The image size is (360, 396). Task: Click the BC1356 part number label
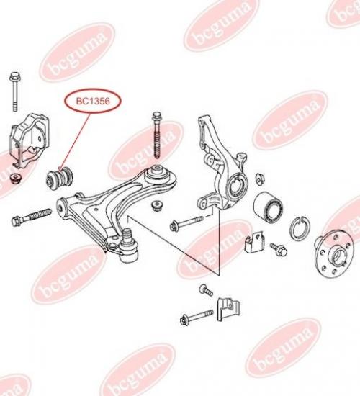pyautogui.click(x=93, y=102)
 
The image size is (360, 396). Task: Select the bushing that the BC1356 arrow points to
pyautogui.click(x=60, y=179)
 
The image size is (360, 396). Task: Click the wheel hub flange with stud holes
pyautogui.click(x=332, y=255)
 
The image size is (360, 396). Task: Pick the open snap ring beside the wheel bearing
pyautogui.click(x=300, y=228)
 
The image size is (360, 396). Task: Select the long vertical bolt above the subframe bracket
pyautogui.click(x=15, y=91)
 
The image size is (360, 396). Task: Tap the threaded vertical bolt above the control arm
pyautogui.click(x=157, y=135)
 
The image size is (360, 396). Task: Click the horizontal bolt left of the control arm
pyautogui.click(x=32, y=217)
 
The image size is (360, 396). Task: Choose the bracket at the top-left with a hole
pyautogui.click(x=30, y=140)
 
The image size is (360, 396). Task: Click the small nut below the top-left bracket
pyautogui.click(x=16, y=178)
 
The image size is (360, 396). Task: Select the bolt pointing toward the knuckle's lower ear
pyautogui.click(x=186, y=222)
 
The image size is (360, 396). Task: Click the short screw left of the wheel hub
pyautogui.click(x=279, y=249)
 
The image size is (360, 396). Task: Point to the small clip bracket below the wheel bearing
pyautogui.click(x=255, y=243)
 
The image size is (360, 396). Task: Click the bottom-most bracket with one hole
pyautogui.click(x=228, y=310)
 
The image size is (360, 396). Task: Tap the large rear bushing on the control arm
pyautogui.click(x=160, y=177)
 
